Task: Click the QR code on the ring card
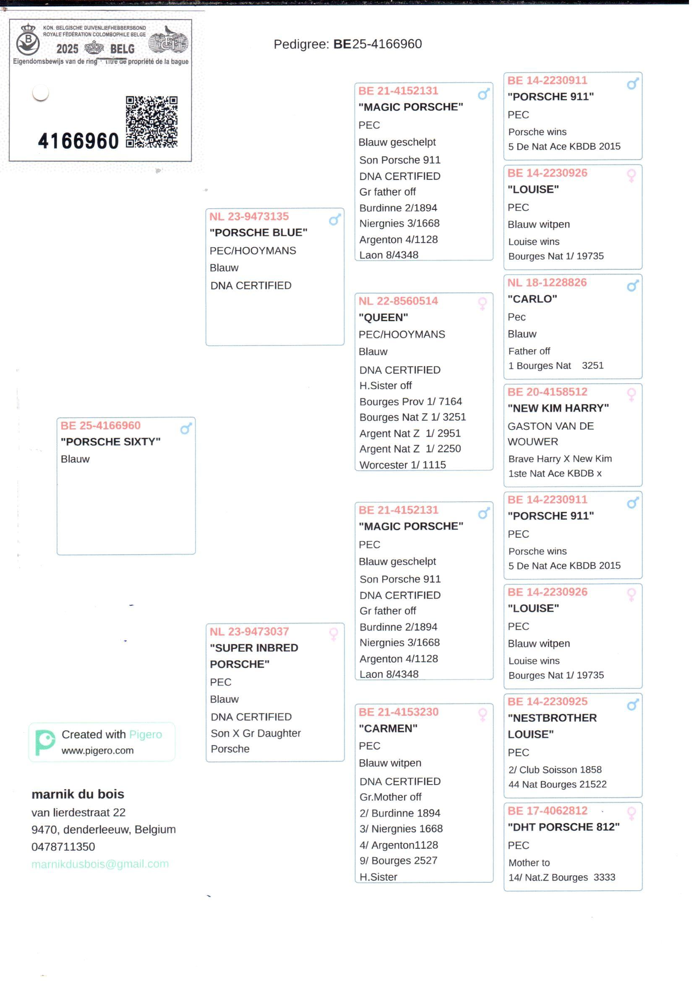point(151,122)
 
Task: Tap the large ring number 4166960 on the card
point(78,141)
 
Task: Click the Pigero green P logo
point(44,742)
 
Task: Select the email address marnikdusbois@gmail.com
point(100,864)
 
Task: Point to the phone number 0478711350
point(63,846)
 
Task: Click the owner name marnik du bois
point(78,794)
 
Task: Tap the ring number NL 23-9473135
point(249,216)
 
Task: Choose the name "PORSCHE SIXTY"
point(111,442)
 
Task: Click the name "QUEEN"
point(384,317)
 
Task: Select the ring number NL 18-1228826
point(547,283)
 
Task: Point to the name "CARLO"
point(532,299)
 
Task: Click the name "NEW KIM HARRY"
point(558,408)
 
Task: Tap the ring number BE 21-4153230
point(399,712)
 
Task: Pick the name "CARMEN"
point(388,728)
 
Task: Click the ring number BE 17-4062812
point(548,811)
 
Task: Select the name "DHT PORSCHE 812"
point(564,827)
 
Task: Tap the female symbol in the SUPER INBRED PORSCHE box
point(334,633)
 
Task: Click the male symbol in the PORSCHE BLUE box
point(334,220)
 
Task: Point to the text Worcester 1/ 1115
point(402,465)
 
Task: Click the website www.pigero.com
point(97,751)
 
